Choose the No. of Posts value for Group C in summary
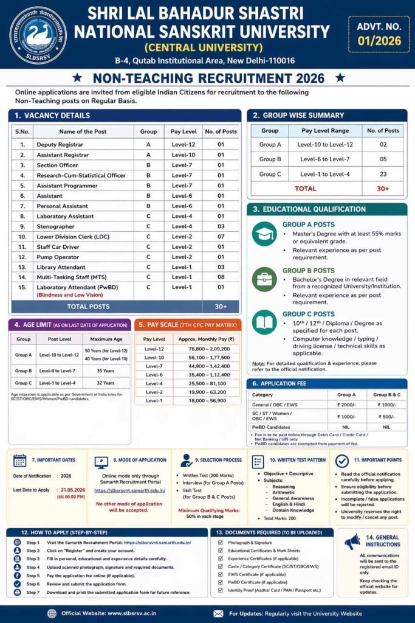pyautogui.click(x=383, y=174)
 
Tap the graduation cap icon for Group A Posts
pyautogui.click(x=264, y=234)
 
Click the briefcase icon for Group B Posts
pyautogui.click(x=264, y=279)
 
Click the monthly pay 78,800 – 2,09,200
pyautogui.click(x=205, y=349)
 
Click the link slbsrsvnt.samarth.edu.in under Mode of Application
pyautogui.click(x=130, y=490)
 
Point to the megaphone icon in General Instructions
pyautogui.click(x=353, y=541)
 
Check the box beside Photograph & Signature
pyautogui.click(x=221, y=542)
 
